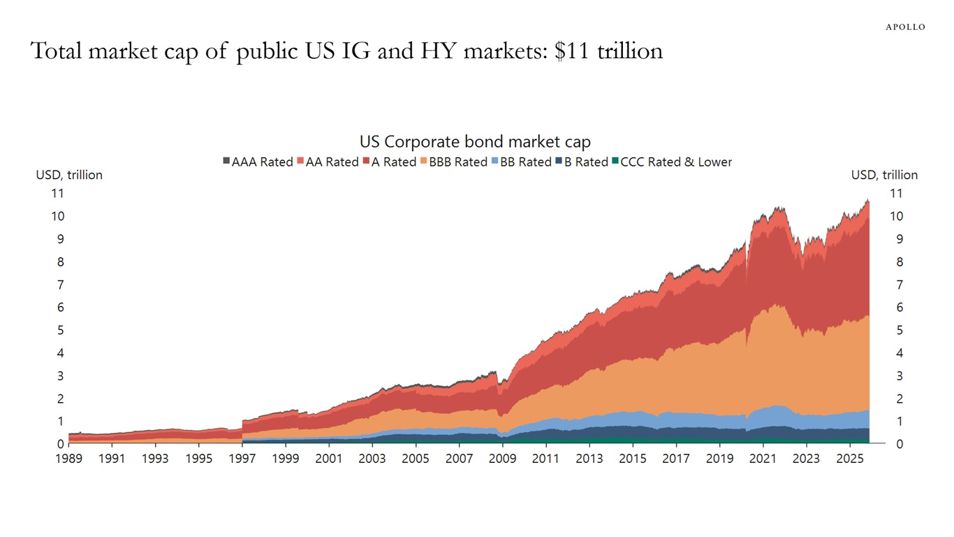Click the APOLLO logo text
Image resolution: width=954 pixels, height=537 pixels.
[x=905, y=27]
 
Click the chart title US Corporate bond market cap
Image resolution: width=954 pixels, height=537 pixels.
[x=475, y=142]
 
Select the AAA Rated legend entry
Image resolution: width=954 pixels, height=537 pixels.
[x=258, y=162]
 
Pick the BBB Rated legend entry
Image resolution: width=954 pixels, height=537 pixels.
[x=454, y=162]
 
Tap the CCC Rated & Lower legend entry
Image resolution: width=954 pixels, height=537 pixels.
[x=671, y=162]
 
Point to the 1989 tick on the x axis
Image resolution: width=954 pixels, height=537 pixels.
[x=68, y=459]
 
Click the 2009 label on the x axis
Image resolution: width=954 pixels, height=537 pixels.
[x=502, y=459]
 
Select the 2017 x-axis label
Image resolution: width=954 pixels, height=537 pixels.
[x=675, y=459]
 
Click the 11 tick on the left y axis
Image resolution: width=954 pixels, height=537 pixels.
[x=58, y=193]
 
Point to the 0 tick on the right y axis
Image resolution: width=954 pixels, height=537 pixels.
[x=900, y=444]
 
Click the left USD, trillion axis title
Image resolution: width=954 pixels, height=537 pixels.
[x=69, y=175]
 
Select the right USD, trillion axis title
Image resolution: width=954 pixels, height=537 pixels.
[x=884, y=175]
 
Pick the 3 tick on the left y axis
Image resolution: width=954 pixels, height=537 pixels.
[x=61, y=375]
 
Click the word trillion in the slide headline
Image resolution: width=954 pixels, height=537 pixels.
[x=630, y=51]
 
